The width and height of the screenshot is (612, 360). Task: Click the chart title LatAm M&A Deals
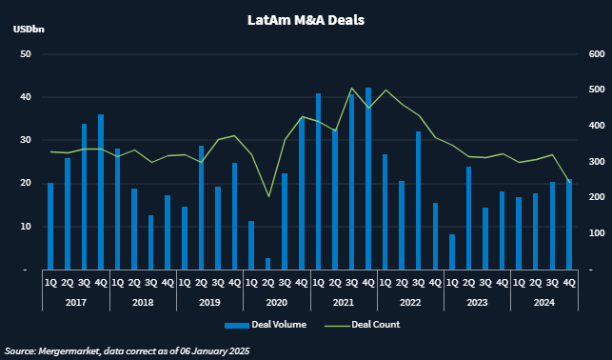pos(305,19)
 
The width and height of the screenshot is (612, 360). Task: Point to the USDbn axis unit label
pos(29,30)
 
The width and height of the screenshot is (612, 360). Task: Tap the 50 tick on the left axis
pos(27,54)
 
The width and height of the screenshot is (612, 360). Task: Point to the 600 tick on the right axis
pos(593,54)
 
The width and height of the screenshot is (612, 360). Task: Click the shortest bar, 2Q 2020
pos(268,264)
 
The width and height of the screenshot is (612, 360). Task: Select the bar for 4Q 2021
pos(368,179)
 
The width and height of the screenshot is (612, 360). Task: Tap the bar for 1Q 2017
pos(50,227)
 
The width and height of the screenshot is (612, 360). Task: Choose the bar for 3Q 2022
pos(419,201)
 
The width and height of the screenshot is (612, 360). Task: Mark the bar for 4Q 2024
pos(569,225)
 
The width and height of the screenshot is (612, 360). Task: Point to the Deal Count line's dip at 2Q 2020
pos(268,197)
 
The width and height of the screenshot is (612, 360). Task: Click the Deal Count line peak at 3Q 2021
pos(352,89)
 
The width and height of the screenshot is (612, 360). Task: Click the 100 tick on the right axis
pos(593,232)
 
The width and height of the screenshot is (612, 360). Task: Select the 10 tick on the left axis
pos(27,227)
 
